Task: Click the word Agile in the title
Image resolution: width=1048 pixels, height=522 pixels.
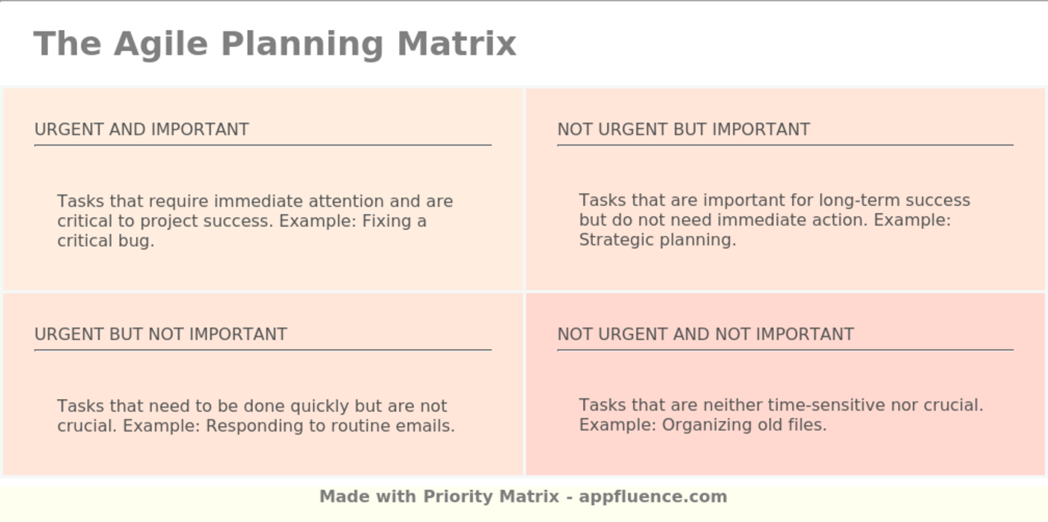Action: click(160, 43)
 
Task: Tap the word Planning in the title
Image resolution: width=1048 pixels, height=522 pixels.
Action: click(302, 43)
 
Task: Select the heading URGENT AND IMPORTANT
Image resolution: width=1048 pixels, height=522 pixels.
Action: click(141, 130)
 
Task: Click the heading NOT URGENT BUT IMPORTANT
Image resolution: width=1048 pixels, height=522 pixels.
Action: click(683, 130)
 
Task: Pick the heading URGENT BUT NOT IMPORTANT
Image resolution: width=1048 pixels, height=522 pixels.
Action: click(161, 334)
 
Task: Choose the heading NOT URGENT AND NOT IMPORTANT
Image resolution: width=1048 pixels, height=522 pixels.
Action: click(705, 334)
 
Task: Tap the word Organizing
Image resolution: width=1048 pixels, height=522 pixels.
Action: click(704, 425)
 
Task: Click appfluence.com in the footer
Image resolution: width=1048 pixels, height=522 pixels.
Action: click(653, 497)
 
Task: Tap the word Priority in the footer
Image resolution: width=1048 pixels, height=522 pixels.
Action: click(458, 497)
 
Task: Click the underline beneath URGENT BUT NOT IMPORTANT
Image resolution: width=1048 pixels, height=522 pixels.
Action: click(263, 350)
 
